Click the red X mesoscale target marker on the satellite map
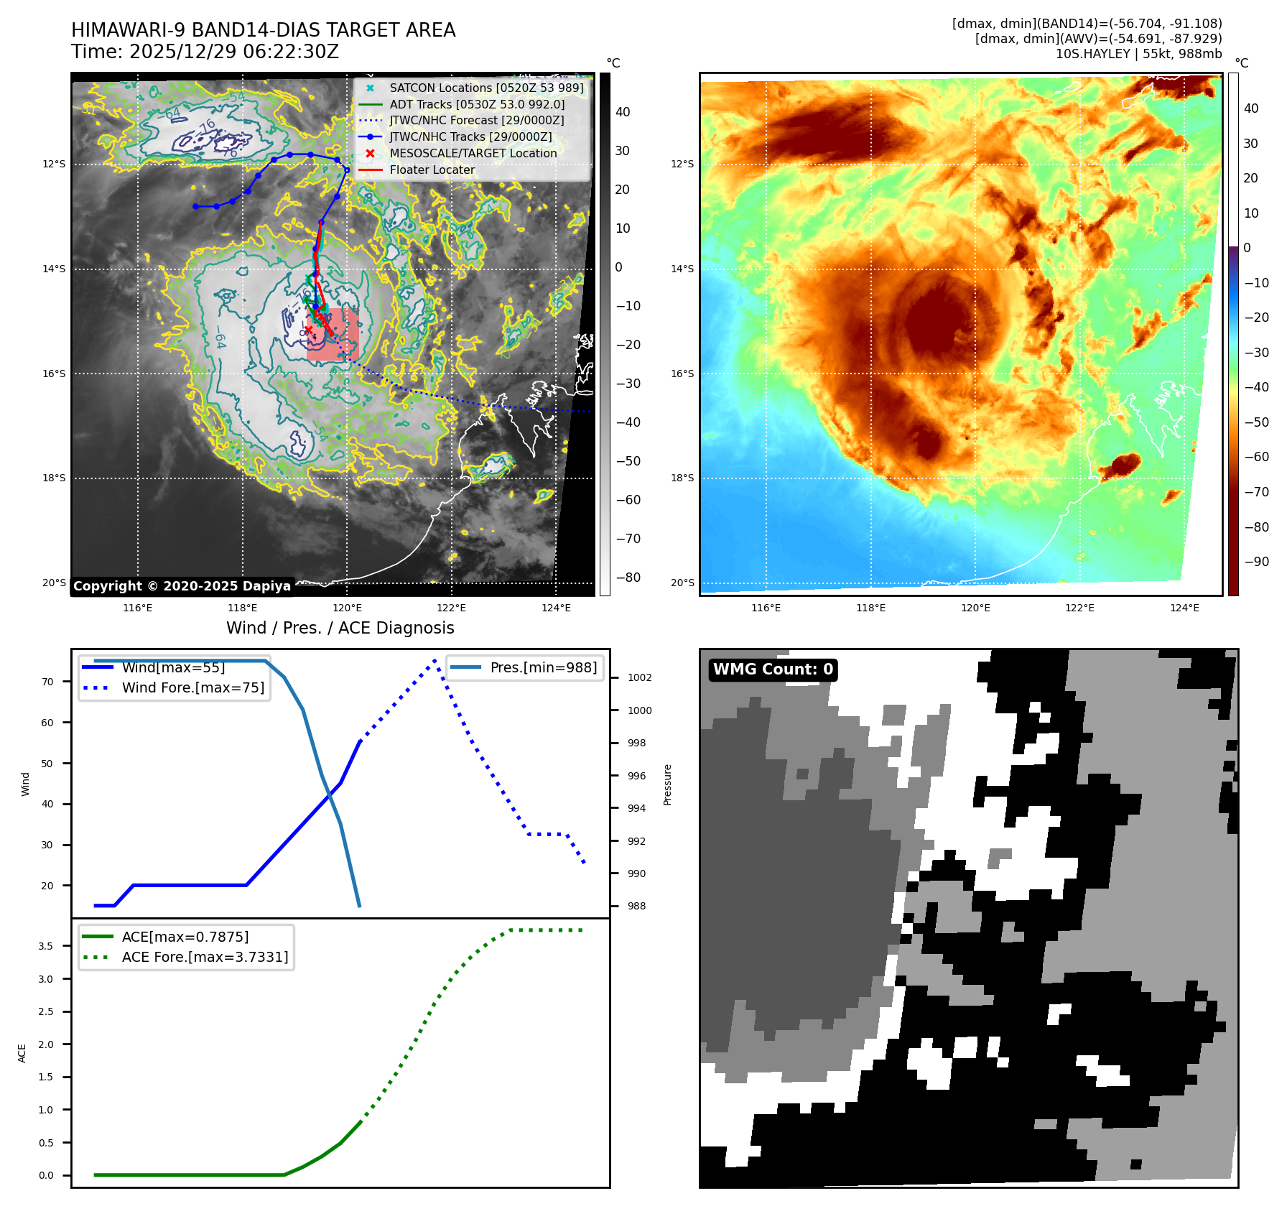tap(309, 330)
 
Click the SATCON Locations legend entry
tap(486, 88)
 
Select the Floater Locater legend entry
tap(432, 170)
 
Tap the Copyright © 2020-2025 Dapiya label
tap(182, 586)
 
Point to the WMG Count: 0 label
tap(773, 669)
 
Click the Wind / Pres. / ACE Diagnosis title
tap(340, 628)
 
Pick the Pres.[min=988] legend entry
tap(543, 667)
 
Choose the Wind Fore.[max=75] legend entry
tap(192, 687)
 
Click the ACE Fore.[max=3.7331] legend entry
tap(205, 957)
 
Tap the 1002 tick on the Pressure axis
tap(639, 677)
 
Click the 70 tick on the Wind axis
tap(47, 682)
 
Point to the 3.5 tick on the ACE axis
tap(45, 946)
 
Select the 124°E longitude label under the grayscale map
tap(556, 608)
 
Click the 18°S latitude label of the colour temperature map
tap(682, 478)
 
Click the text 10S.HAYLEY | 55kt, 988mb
tap(1138, 54)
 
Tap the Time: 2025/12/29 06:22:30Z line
tap(205, 52)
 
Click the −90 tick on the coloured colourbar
tap(1256, 562)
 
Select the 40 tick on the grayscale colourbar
tap(623, 112)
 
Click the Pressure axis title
tap(668, 784)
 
